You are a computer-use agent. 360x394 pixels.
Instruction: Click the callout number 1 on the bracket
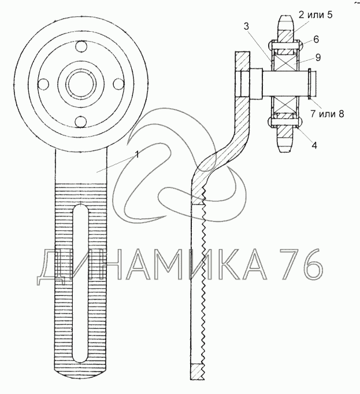[x=137, y=154]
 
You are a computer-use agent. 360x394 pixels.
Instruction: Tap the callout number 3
[x=246, y=26]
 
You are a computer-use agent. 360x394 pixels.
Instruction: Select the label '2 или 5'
[x=316, y=14]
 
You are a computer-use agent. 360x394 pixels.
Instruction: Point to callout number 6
[x=316, y=39]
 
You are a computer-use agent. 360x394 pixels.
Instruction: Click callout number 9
[x=318, y=57]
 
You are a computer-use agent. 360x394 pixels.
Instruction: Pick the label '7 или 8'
[x=327, y=113]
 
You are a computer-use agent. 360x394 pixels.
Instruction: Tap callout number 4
[x=314, y=145]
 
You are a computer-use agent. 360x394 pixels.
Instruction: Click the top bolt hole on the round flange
[x=81, y=47]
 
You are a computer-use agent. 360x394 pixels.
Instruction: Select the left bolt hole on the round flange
[x=43, y=83]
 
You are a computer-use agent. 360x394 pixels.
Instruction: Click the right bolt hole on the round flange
[x=118, y=84]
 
